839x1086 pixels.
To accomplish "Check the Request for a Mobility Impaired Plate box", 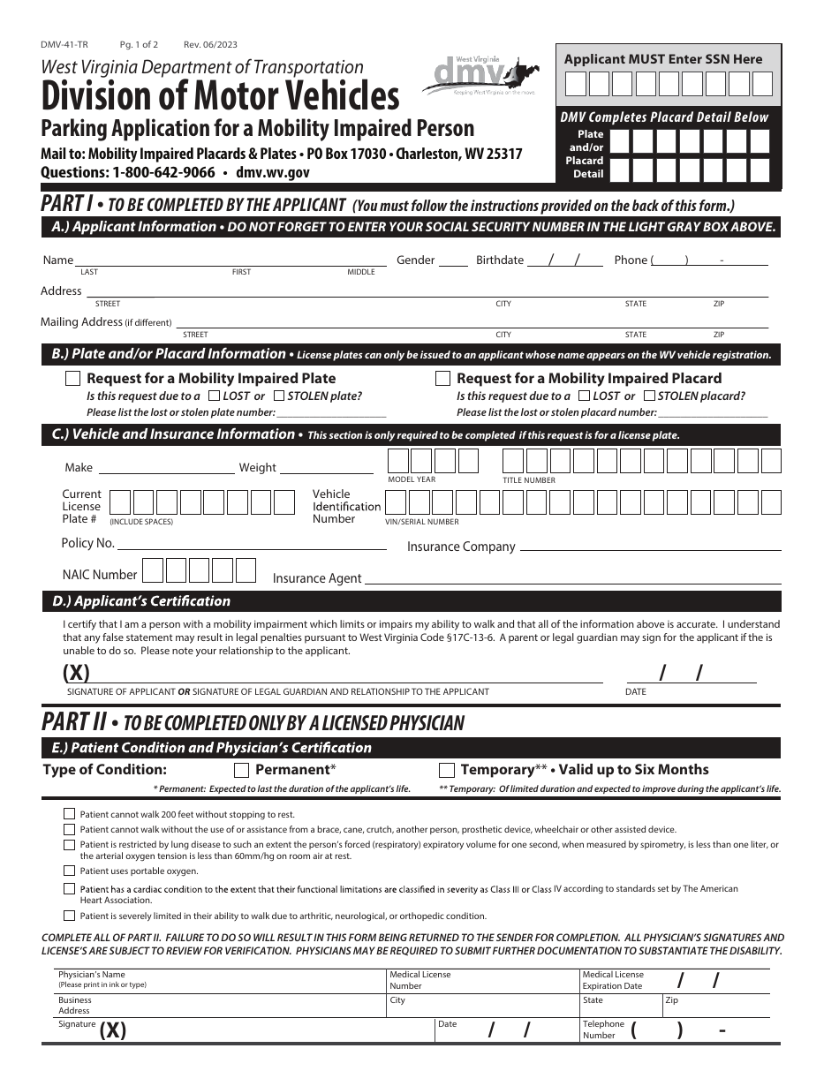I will click(73, 379).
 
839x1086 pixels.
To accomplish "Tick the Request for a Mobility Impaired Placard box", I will click(443, 379).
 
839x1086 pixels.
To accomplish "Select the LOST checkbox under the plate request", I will click(212, 396).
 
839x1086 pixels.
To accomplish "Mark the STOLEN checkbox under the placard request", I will click(649, 396).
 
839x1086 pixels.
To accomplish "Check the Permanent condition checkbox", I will click(241, 770).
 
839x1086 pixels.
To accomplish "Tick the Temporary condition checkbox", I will click(447, 770).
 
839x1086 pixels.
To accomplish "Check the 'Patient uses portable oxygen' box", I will click(69, 871).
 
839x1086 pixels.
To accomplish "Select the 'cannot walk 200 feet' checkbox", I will click(69, 814).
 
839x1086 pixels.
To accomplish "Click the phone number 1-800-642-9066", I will click(163, 173).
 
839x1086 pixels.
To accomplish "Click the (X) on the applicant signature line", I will click(76, 672).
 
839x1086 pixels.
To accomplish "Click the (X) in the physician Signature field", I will click(113, 1030).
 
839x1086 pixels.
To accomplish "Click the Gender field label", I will click(415, 260).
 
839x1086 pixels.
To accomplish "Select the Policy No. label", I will click(87, 543).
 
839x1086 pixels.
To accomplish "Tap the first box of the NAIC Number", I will click(153, 570).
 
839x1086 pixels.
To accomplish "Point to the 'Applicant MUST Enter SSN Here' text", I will click(662, 59).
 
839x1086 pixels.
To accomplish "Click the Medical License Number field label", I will click(419, 980).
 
